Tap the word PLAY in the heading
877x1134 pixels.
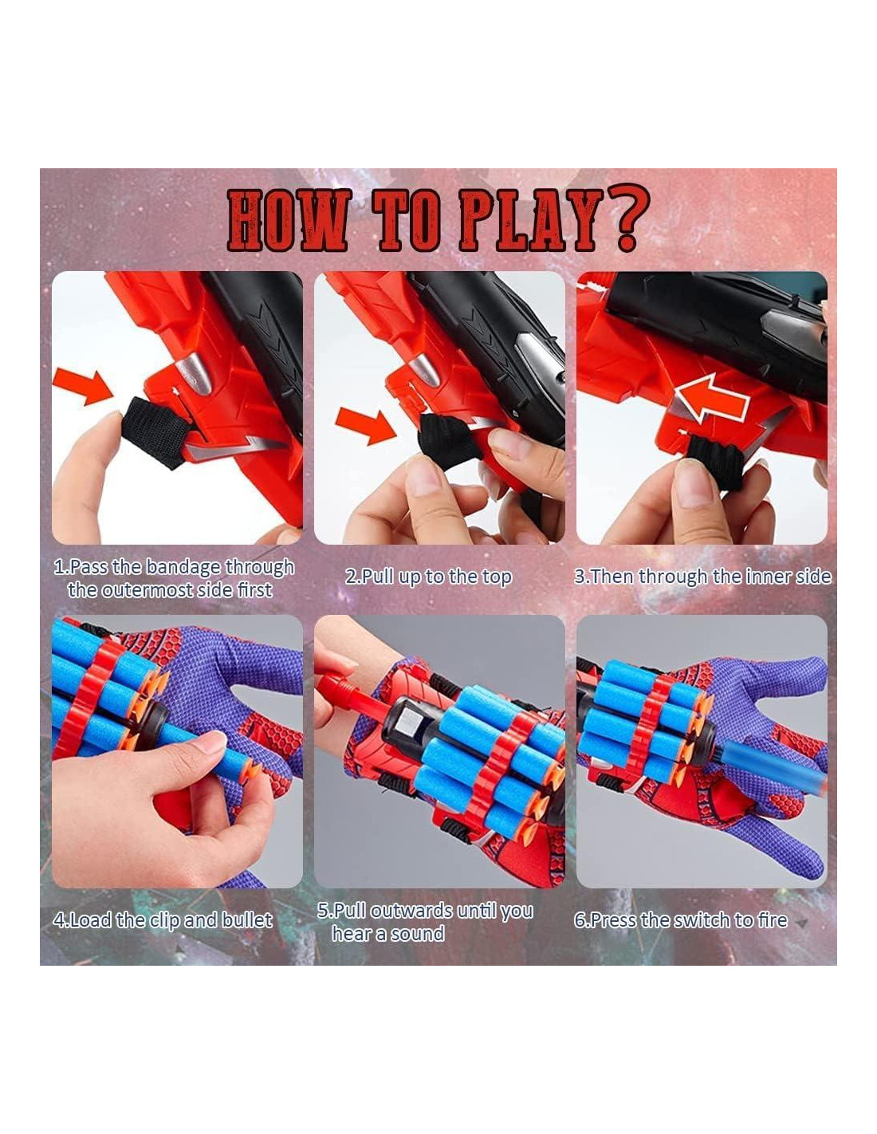tap(527, 220)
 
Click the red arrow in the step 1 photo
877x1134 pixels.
tap(85, 386)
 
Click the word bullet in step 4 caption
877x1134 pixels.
tap(247, 919)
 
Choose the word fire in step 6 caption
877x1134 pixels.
tap(773, 919)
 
